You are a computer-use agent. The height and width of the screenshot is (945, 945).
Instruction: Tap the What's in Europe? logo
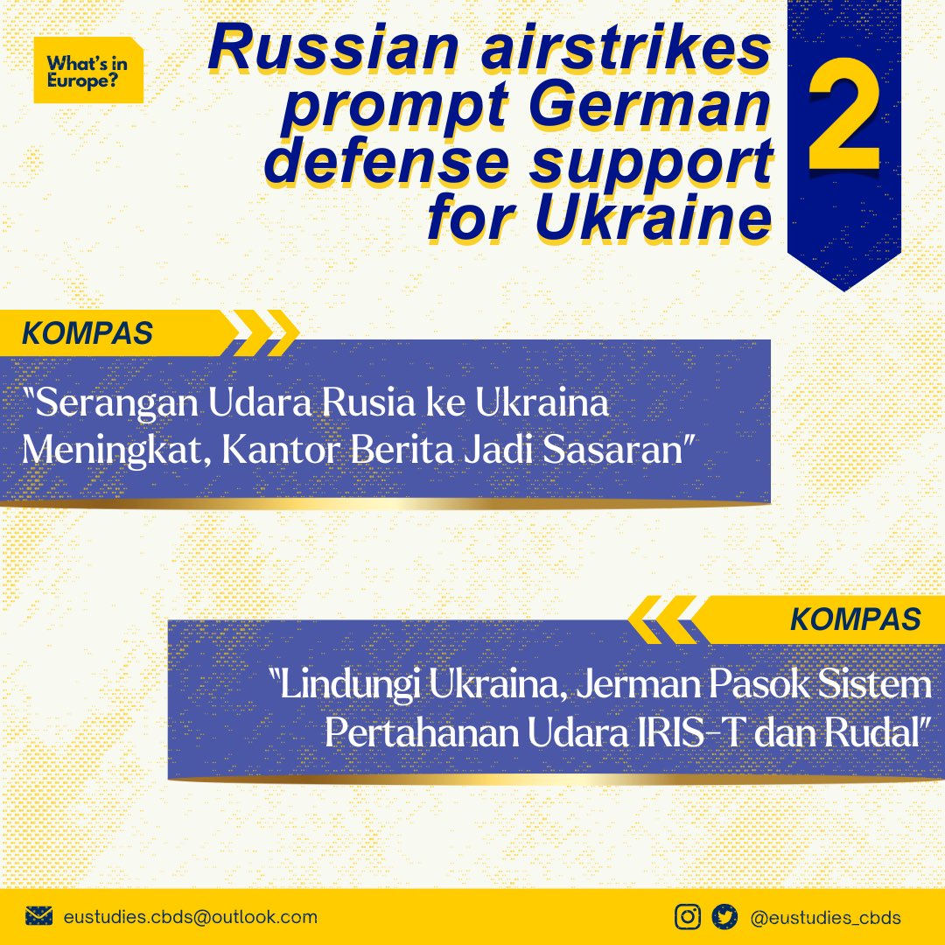[87, 71]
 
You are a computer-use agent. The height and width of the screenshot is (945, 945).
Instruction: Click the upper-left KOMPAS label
[87, 333]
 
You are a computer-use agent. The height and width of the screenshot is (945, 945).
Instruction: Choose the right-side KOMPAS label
[855, 619]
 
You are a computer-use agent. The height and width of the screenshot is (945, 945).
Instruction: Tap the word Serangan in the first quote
[113, 406]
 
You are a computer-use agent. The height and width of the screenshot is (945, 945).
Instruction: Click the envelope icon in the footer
[39, 916]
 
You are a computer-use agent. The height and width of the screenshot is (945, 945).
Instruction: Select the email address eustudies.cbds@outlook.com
[191, 917]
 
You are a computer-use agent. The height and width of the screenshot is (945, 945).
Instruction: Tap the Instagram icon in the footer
[688, 916]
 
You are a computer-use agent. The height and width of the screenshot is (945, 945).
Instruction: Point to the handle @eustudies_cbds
[826, 917]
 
